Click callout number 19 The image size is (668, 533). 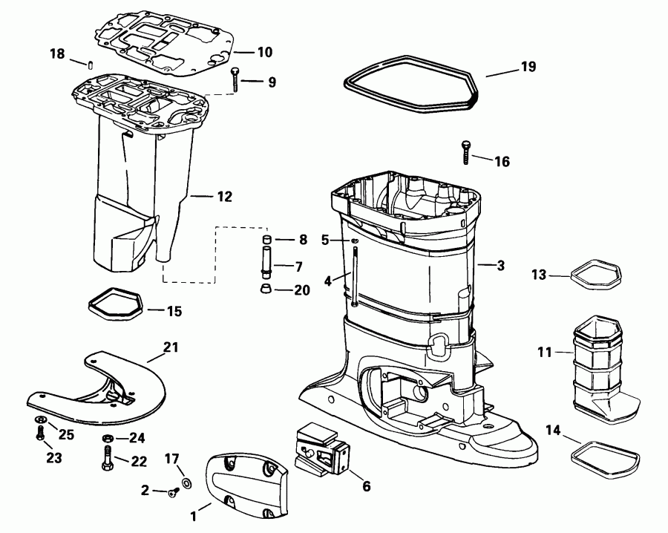[x=528, y=67]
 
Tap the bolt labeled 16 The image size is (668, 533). [x=465, y=152]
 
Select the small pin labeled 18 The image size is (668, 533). [x=91, y=65]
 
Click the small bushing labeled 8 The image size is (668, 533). [x=266, y=238]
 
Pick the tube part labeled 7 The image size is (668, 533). [x=266, y=262]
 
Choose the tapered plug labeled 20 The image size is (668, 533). [x=266, y=288]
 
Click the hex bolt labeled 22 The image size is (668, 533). [x=108, y=457]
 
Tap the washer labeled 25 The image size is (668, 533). [x=41, y=419]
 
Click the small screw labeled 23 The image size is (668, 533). [x=41, y=434]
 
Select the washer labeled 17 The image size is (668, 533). [x=186, y=483]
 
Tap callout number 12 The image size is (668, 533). [x=224, y=197]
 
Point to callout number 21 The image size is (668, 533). [x=171, y=347]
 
